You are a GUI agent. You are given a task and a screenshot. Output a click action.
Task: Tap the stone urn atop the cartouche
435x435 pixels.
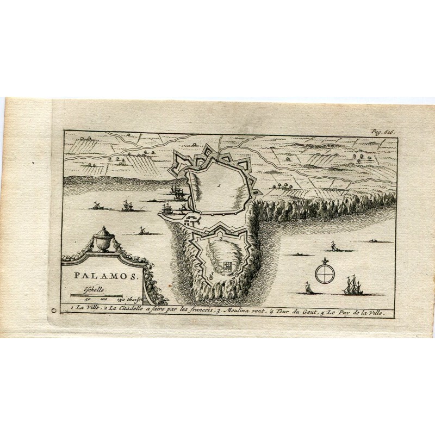[x=102, y=239]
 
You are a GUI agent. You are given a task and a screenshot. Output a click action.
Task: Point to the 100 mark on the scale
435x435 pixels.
[x=104, y=299]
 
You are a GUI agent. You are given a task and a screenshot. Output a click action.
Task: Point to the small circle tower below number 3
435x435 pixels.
[x=211, y=277]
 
